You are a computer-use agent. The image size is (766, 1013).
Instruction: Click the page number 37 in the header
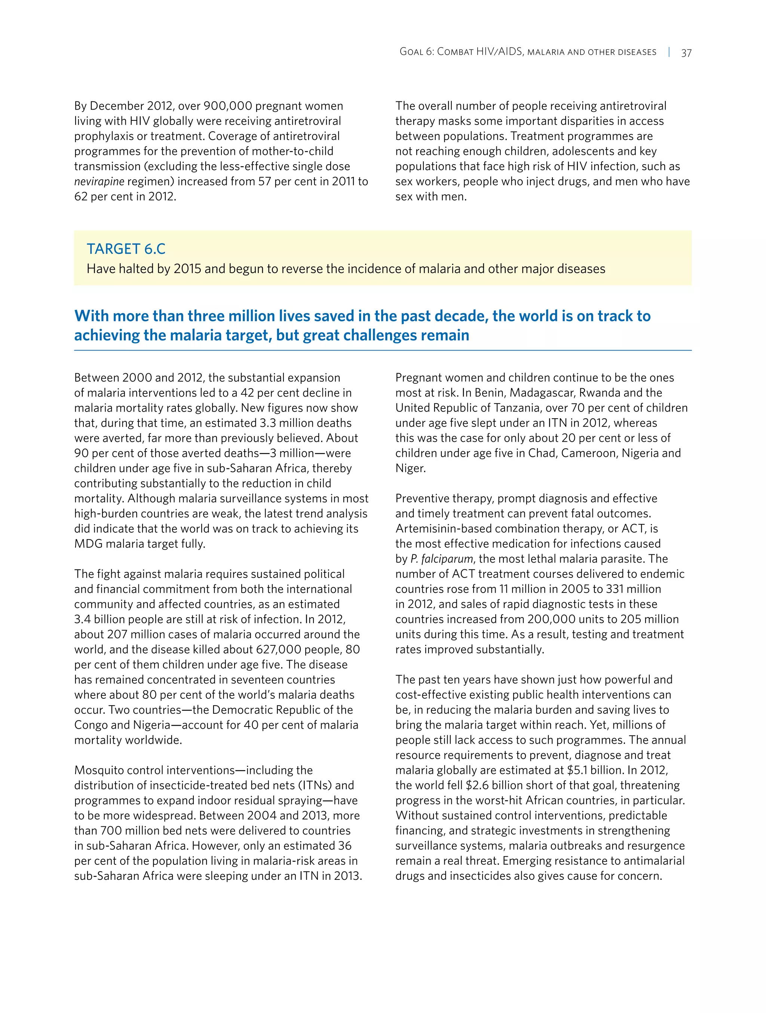[686, 53]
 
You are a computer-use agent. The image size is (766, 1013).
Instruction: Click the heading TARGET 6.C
[126, 249]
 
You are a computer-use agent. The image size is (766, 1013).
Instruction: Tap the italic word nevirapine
[99, 181]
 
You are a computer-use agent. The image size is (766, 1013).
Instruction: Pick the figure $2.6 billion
[494, 786]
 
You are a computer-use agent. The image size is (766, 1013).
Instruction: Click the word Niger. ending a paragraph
[410, 468]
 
